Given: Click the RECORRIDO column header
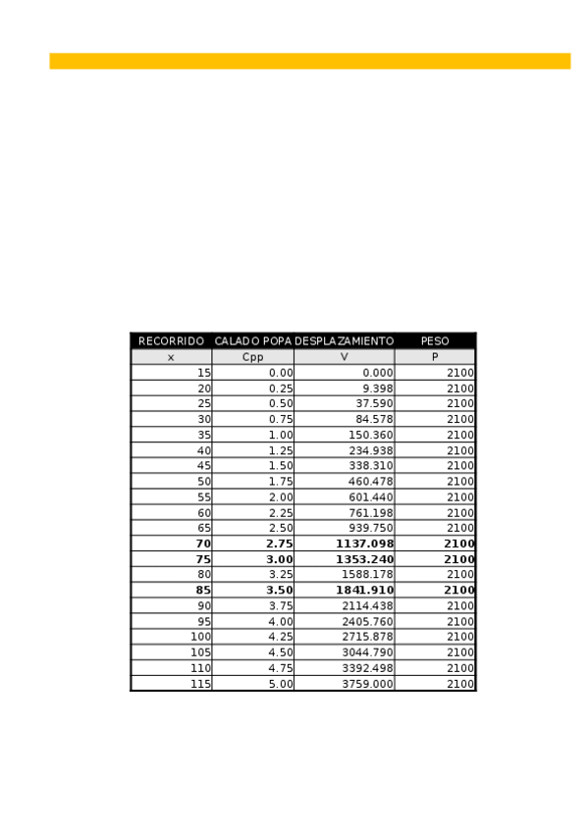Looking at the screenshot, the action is pos(171,341).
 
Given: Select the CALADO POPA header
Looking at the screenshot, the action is pos(253,341).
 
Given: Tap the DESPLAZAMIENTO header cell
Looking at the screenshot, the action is pos(344,341).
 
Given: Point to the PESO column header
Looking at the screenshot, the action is pos(435,341).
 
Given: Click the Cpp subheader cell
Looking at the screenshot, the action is pos(252,357).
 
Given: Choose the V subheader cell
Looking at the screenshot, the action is pos(344,357).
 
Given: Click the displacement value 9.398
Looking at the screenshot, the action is pos(374,389).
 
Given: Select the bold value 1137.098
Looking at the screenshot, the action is pos(364,544).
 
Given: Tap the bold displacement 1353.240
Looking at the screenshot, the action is pos(364,559).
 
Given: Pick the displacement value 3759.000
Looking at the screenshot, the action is pos(367,684).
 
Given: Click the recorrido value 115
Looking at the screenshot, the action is pos(200,684).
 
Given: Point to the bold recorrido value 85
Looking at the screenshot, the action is pos(203,591).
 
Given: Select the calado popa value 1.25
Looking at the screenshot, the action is pos(281,450).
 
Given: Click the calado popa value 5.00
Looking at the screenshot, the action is pos(281,684).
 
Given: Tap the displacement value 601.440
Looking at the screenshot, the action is pos(371,497).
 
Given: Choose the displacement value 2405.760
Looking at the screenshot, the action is pos(367,622).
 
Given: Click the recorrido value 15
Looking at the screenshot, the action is pos(204,373).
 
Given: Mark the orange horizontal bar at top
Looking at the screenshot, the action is pos(309,61).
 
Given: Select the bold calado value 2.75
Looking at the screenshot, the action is pos(280,544).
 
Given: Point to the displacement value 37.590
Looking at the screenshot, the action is pos(374,404).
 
